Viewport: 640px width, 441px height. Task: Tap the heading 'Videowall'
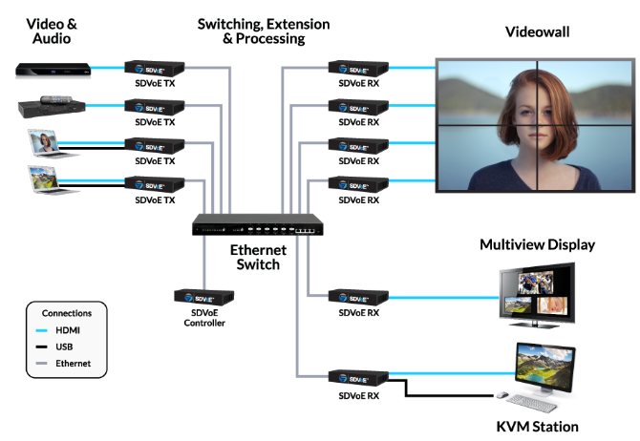[x=537, y=32]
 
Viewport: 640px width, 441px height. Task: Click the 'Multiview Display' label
[x=537, y=245]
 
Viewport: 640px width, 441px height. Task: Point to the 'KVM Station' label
[x=537, y=426]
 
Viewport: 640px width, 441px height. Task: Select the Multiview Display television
[x=538, y=292]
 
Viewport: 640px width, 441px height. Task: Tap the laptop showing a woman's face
[x=44, y=143]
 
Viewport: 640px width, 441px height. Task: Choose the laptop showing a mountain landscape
[x=44, y=179]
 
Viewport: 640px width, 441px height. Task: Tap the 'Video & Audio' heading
[x=53, y=31]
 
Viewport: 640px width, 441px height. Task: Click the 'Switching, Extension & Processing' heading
[x=263, y=31]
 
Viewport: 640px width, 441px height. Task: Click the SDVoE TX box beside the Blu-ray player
[x=153, y=69]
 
